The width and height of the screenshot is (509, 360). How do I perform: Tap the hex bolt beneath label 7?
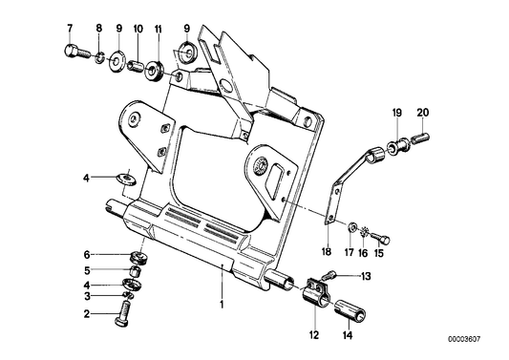(72, 54)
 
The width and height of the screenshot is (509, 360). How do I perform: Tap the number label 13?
(365, 275)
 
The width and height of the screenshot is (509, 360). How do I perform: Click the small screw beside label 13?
(339, 276)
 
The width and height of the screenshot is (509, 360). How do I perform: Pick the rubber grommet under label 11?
(154, 72)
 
